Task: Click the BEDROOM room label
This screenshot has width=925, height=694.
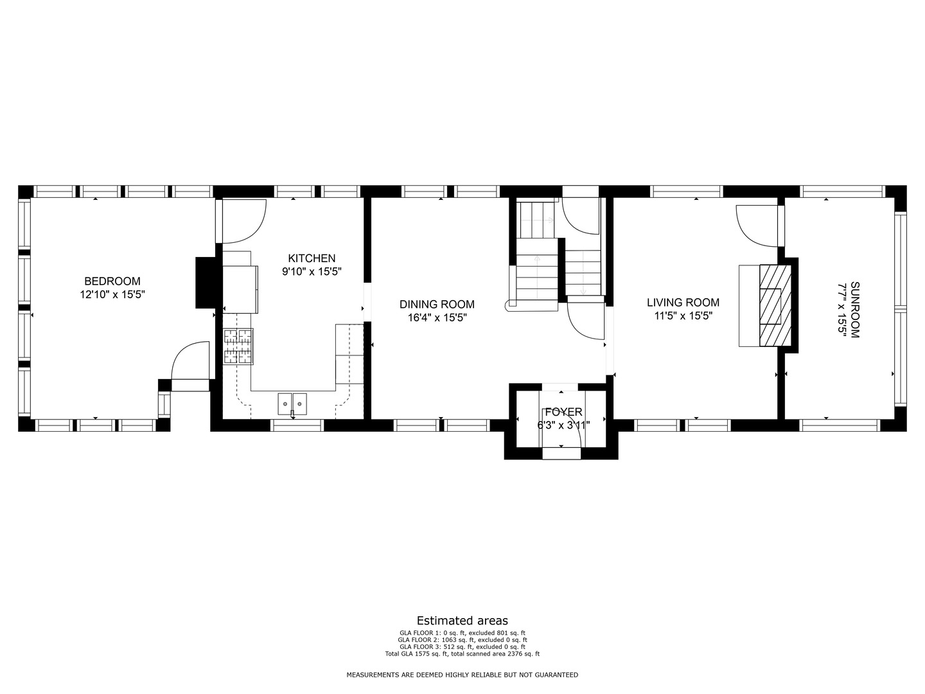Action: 112,281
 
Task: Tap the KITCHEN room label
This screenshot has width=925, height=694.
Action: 312,258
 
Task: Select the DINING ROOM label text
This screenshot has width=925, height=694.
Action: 437,304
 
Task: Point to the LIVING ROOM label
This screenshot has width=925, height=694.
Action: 683,302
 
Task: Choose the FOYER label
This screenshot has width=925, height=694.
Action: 563,412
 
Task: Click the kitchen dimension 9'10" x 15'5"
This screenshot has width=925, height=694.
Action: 312,271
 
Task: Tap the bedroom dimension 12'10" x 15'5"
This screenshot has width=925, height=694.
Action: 112,294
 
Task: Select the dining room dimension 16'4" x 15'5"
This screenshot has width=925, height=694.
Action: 437,317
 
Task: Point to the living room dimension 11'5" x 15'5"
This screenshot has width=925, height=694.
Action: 683,316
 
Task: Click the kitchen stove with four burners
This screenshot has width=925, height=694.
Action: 238,346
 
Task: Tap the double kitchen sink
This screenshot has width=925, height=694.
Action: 292,404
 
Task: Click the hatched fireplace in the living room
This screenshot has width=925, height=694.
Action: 775,305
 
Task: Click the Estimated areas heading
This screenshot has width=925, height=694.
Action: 463,621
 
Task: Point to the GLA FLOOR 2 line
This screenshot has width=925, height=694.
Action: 463,639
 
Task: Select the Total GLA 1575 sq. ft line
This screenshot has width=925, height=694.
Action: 463,654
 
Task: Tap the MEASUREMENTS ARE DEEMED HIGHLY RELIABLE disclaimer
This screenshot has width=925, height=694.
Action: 463,675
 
